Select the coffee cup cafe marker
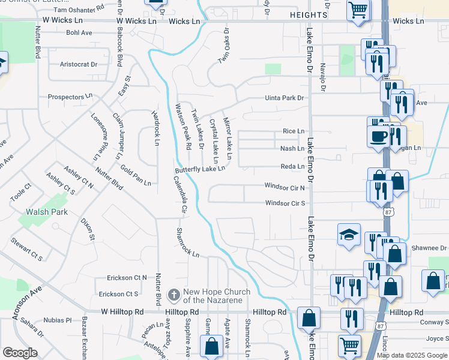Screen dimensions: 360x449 point(378,135)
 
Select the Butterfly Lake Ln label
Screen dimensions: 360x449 point(200,169)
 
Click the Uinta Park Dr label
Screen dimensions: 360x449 point(285,98)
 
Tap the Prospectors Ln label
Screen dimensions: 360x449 point(70,96)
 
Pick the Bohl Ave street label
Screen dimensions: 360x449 point(79,33)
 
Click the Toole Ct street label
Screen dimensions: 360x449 point(20,193)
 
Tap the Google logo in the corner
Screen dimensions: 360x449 point(20,353)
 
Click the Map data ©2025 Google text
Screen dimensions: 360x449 point(411,355)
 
